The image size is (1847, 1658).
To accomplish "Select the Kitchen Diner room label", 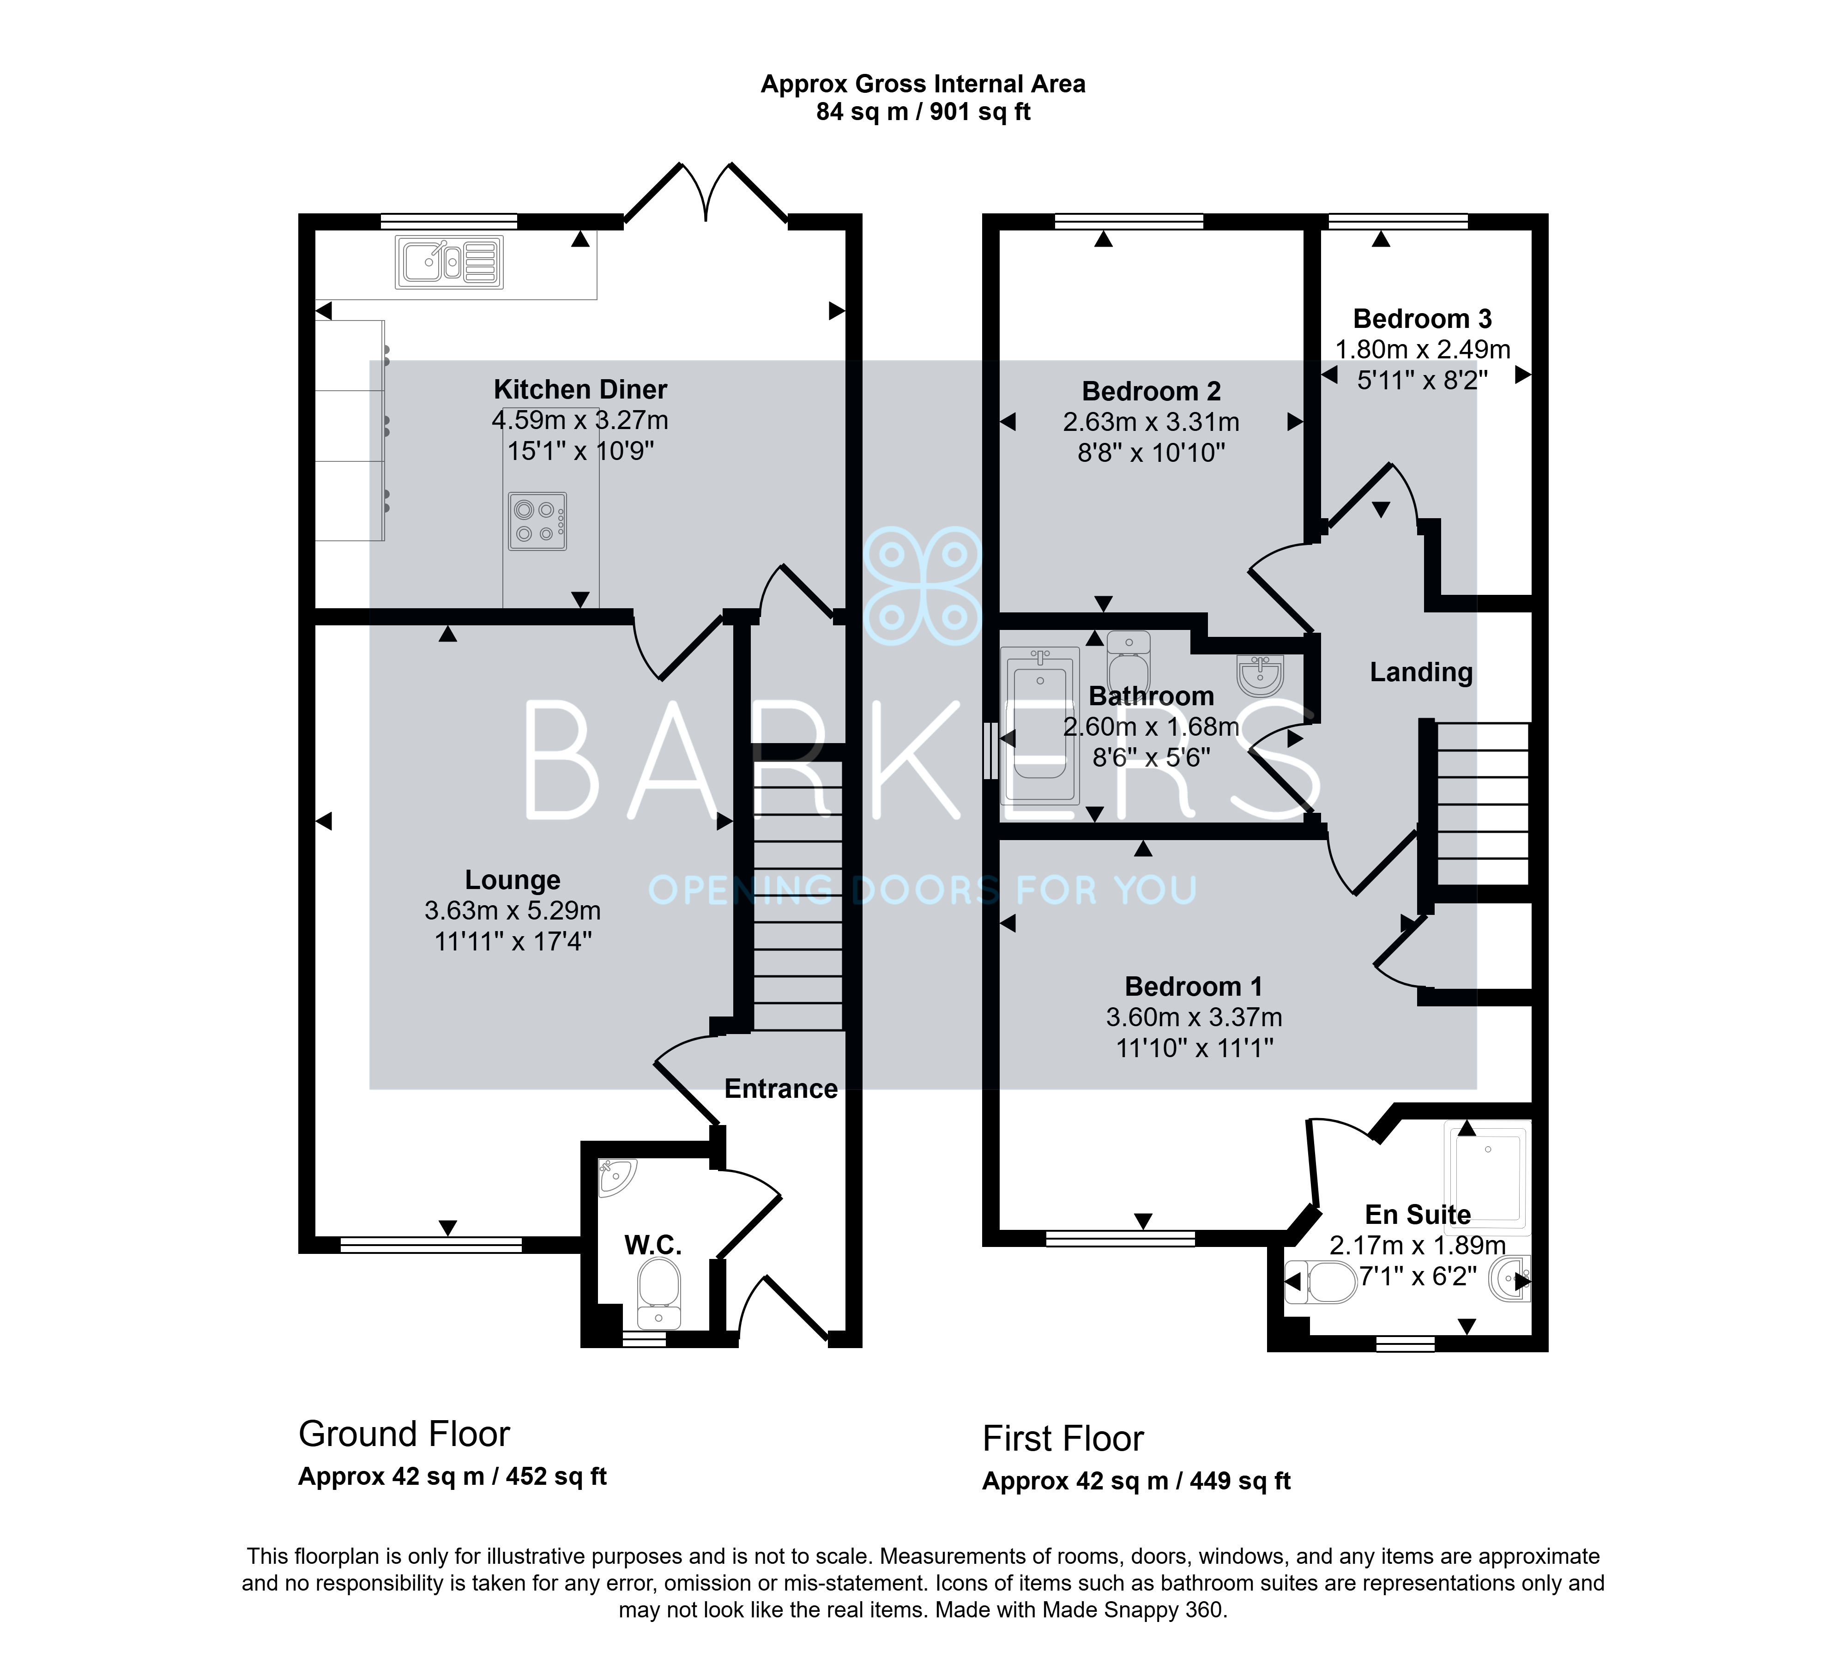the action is coord(580,390).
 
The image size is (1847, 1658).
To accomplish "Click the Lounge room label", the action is coord(513,880).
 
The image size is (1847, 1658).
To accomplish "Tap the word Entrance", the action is coord(780,1089).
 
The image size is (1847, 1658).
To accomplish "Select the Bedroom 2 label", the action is coord(1151,392).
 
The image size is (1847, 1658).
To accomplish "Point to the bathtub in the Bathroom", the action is coord(1040,725).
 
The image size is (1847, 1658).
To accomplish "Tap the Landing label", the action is coord(1421,672).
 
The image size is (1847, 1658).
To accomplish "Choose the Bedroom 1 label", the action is coord(1193,986).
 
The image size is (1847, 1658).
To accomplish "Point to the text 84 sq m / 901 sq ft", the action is coord(923,112).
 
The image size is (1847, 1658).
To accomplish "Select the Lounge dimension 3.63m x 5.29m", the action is coord(513,911).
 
